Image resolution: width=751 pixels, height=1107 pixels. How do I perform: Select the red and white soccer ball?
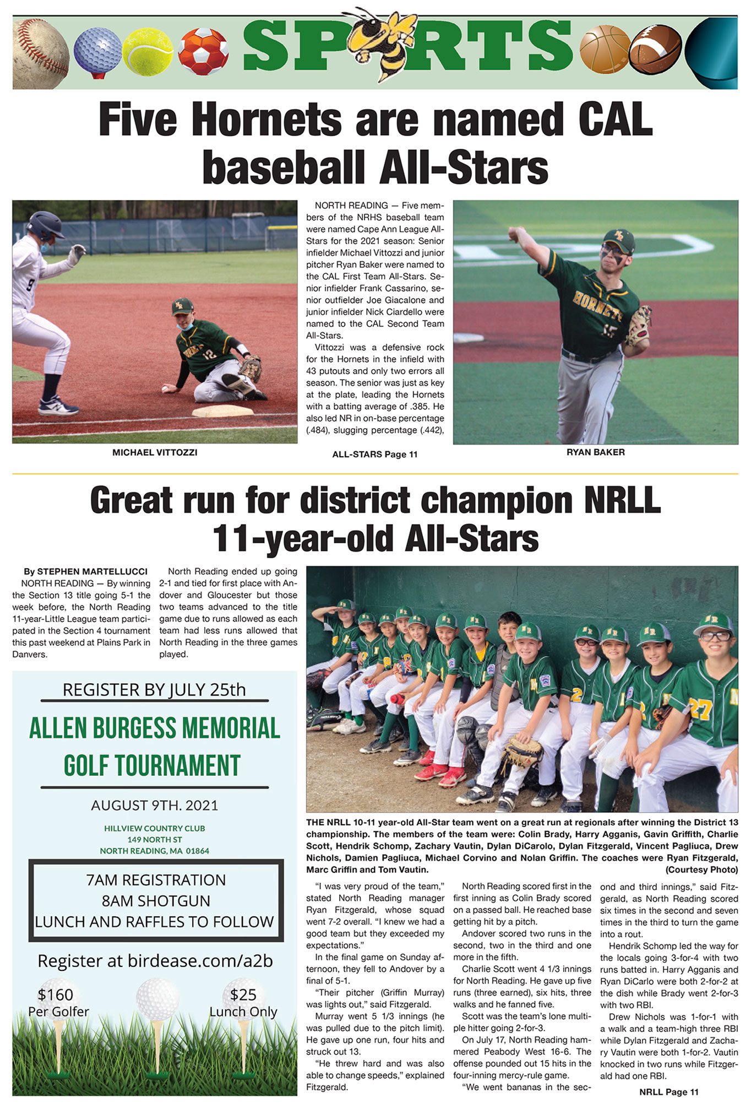click(x=203, y=51)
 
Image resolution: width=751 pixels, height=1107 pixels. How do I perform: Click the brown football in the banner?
click(x=655, y=51)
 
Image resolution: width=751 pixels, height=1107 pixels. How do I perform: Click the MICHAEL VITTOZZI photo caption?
click(x=155, y=452)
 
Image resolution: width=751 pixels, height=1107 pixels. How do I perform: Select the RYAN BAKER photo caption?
click(x=595, y=452)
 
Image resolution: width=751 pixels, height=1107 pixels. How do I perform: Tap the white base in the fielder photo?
click(x=222, y=411)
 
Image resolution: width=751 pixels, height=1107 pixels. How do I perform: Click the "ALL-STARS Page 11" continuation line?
click(x=375, y=455)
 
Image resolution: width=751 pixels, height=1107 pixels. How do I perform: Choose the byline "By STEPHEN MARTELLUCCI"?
click(x=85, y=571)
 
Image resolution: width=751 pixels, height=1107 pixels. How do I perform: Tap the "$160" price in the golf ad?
click(x=56, y=995)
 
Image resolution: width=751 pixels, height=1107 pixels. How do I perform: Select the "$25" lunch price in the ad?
click(x=243, y=995)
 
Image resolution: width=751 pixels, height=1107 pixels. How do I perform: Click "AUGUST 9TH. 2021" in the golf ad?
click(x=155, y=806)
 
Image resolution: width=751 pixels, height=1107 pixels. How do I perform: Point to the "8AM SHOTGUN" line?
click(x=156, y=901)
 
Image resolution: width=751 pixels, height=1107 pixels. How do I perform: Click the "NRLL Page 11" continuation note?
click(x=668, y=1092)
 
